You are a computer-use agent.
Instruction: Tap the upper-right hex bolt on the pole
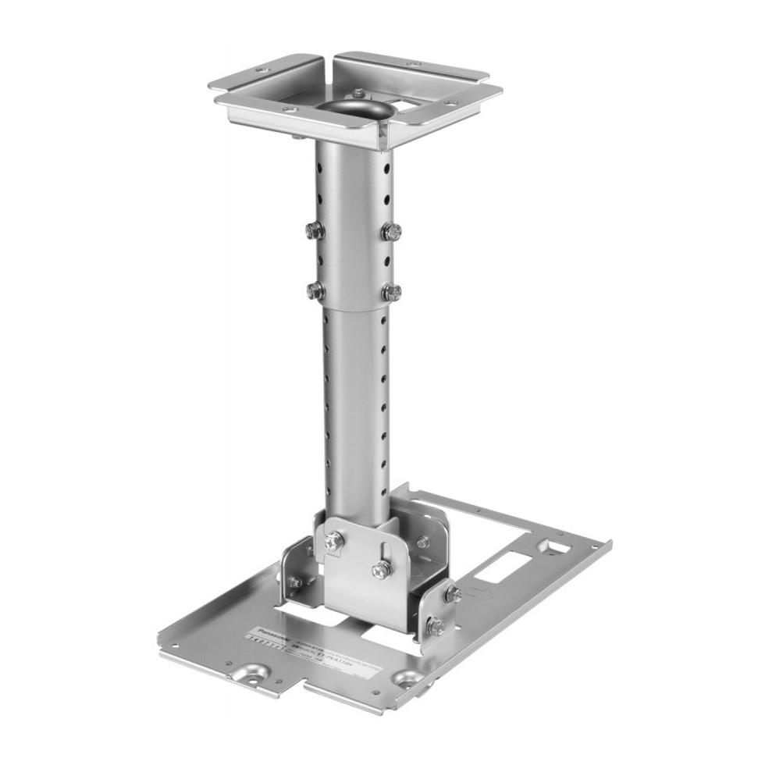click(392, 231)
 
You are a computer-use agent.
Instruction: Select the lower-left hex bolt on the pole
click(316, 290)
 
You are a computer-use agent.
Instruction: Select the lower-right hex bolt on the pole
click(392, 293)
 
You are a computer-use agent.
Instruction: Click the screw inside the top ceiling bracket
click(358, 94)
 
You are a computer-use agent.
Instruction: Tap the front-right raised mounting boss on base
click(407, 680)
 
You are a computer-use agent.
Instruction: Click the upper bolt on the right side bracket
click(453, 595)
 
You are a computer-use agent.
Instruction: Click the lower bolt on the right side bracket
click(437, 627)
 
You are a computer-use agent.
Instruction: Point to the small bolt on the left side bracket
click(296, 582)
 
